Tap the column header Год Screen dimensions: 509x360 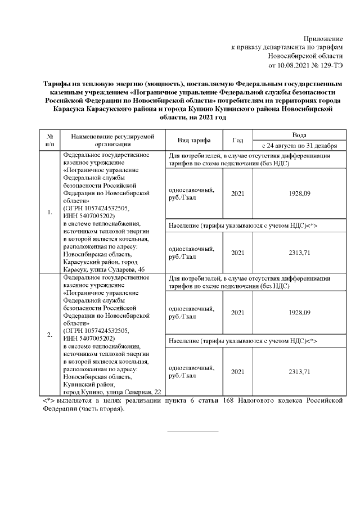tap(237, 140)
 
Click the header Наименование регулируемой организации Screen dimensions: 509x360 tap(109, 140)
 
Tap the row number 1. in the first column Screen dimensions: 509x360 tap(49, 212)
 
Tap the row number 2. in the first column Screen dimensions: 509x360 tap(49, 335)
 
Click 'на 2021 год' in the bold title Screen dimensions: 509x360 tap(201, 119)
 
